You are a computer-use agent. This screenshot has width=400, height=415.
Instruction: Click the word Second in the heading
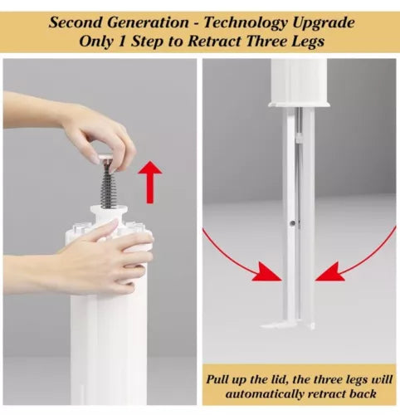[x=76, y=22]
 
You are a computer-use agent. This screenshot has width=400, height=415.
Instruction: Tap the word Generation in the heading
[x=148, y=22]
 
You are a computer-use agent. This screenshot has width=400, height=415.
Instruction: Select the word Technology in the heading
[x=246, y=23]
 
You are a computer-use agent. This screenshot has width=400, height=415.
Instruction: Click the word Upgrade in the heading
[x=323, y=23]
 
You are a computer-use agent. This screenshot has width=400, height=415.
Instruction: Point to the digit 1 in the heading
[x=121, y=41]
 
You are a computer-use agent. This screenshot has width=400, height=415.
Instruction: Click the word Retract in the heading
[x=214, y=41]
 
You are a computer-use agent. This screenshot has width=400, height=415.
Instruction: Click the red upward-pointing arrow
[x=150, y=182]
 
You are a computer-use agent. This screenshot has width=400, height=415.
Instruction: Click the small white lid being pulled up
[x=106, y=158]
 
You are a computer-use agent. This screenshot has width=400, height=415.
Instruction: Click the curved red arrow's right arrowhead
[x=329, y=272]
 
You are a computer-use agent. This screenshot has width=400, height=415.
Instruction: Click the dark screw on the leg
[x=293, y=222]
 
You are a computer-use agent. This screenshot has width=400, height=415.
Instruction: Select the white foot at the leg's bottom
[x=288, y=325]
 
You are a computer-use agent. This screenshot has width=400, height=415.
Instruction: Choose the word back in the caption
[x=363, y=393]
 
